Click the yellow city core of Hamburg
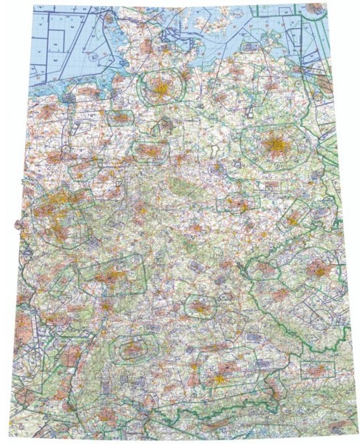click(159, 89)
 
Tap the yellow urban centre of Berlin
click(275, 143)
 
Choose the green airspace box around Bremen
click(118, 118)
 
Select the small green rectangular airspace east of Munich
click(316, 368)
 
